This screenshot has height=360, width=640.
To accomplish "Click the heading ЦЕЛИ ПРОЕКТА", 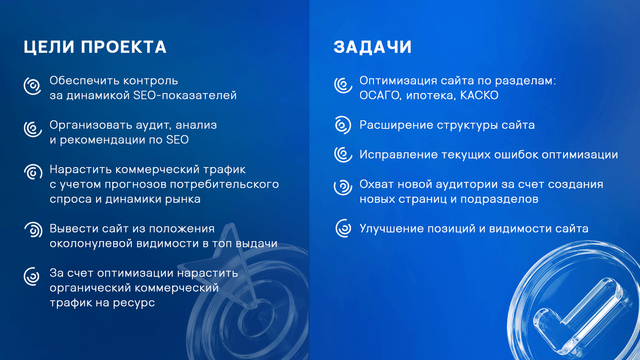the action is [x=95, y=47].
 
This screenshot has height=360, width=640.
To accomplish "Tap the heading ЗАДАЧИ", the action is [x=373, y=47].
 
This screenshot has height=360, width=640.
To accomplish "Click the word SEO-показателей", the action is [x=185, y=95].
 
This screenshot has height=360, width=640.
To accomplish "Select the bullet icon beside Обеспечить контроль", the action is [x=32, y=86].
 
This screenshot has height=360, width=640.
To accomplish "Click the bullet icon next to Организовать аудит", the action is [x=32, y=129].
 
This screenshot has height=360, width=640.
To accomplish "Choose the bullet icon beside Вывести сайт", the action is [x=33, y=230].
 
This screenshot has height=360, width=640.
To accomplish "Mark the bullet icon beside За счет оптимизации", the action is [x=32, y=276].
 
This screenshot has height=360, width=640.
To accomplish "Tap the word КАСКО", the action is [x=480, y=95].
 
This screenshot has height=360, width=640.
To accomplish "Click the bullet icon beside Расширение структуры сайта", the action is [x=343, y=125].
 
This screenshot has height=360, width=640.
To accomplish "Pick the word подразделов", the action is [x=499, y=200].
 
